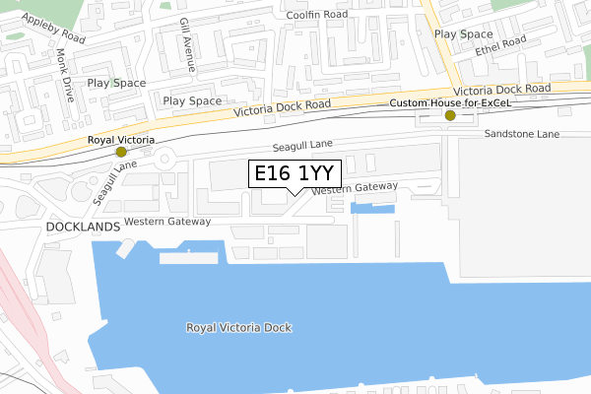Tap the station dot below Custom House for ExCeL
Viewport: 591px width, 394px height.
pos(450,115)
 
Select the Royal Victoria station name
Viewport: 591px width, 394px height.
pos(121,140)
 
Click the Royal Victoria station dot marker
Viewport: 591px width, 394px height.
pos(121,153)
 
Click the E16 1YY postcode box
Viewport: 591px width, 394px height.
pos(295,174)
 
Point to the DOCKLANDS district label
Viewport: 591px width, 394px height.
pos(83,226)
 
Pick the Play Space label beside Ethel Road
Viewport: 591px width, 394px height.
pos(463,33)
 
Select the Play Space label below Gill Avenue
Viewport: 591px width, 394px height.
pos(192,100)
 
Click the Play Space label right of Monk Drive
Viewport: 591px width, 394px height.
pos(116,84)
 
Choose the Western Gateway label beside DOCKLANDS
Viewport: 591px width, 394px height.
pos(167,221)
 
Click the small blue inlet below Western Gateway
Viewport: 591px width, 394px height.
pos(371,208)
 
